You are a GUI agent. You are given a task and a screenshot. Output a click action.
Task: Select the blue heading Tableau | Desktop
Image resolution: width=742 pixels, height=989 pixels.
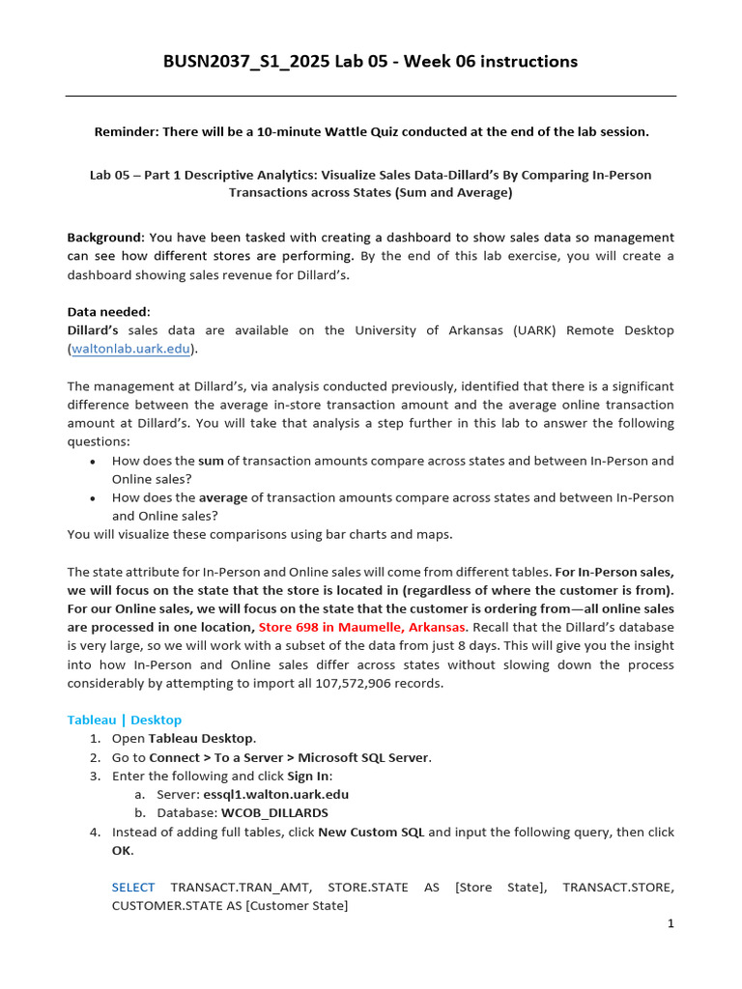click(124, 720)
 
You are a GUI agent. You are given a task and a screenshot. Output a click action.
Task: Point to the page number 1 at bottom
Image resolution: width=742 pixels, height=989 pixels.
click(671, 923)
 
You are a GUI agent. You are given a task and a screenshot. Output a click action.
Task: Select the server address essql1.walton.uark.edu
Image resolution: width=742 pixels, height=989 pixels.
click(275, 794)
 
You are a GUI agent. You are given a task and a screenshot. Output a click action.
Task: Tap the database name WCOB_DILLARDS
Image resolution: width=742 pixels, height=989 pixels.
click(274, 812)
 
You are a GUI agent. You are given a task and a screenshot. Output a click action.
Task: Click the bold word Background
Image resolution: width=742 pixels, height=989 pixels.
click(104, 237)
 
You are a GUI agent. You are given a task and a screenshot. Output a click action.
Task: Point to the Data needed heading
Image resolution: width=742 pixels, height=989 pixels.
click(108, 312)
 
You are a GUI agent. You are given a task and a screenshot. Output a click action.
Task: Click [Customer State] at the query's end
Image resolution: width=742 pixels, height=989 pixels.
click(300, 905)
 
